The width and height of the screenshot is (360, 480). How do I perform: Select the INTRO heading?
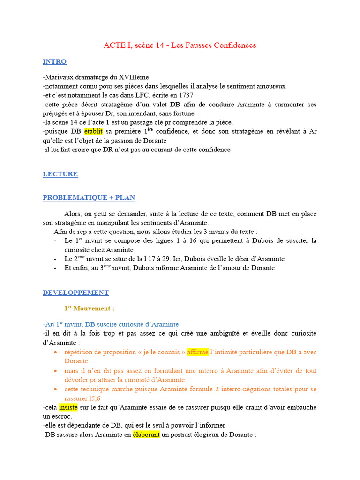54,62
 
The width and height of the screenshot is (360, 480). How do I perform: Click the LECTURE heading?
60,174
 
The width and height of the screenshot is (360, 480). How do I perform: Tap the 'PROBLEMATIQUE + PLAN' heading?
89,198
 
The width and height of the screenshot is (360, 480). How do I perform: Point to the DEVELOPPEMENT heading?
75,293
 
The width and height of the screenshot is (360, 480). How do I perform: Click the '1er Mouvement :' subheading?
89,308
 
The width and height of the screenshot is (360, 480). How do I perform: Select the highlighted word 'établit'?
95,132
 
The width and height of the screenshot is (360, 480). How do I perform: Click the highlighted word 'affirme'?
197,352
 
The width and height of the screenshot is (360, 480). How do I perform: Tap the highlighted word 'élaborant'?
146,435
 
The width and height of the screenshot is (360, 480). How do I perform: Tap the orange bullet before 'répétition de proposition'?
56,352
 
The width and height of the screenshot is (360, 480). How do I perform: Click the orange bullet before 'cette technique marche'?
56,390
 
